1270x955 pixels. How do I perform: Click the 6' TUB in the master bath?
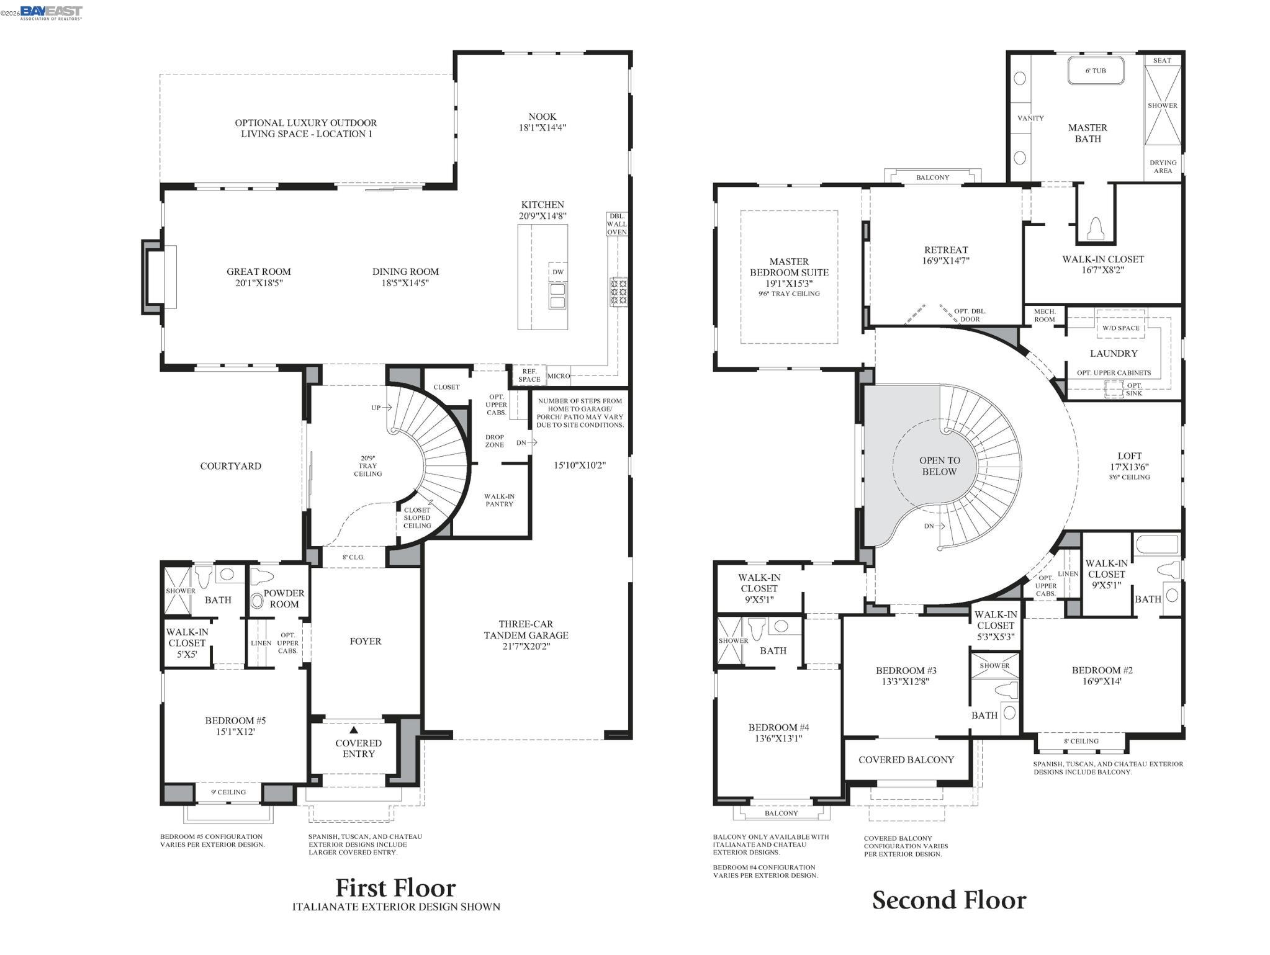click(x=1096, y=71)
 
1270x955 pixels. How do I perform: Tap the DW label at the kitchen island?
click(x=557, y=272)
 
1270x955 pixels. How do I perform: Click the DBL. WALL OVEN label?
click(x=616, y=224)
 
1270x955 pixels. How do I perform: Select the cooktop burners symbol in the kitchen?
click(x=618, y=291)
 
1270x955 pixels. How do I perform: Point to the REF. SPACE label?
click(x=529, y=375)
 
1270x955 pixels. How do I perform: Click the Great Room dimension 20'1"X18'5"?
click(x=258, y=283)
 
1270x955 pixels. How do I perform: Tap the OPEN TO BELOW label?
click(x=939, y=466)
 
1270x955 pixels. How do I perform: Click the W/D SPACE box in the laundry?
click(x=1120, y=328)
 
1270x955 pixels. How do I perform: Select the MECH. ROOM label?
click(x=1044, y=315)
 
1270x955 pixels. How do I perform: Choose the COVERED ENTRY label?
click(x=358, y=748)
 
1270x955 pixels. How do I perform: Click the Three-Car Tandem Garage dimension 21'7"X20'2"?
click(x=526, y=646)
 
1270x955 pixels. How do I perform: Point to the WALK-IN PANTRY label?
click(x=499, y=500)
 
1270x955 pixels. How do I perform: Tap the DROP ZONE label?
click(x=494, y=441)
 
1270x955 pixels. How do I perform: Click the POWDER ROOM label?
click(x=284, y=598)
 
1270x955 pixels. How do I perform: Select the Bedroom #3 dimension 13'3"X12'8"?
click(x=906, y=681)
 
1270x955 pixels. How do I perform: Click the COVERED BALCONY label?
click(x=906, y=760)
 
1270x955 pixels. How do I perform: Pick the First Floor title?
click(x=395, y=888)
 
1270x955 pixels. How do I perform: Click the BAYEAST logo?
click(x=51, y=12)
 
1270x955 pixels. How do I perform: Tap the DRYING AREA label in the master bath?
click(x=1162, y=166)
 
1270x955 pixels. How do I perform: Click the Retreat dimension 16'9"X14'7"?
click(x=945, y=261)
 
